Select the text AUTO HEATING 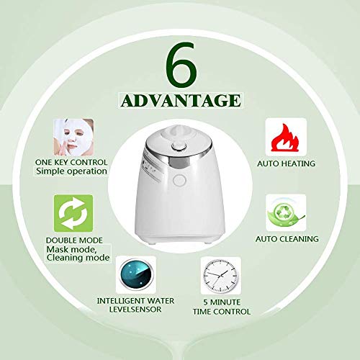point(286,163)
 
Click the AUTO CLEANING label point(286,239)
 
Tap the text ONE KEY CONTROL point(71,163)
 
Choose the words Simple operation point(71,172)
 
